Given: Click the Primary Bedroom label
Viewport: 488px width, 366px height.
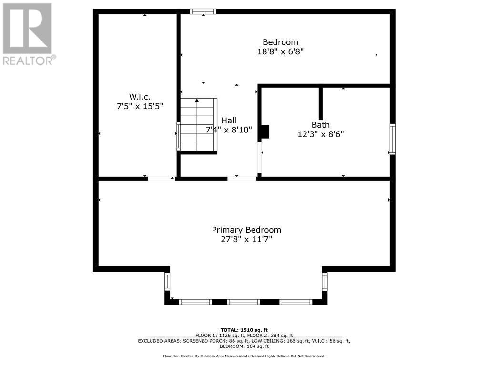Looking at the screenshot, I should pos(246,230).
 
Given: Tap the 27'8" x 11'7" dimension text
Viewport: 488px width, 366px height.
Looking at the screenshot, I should pos(246,239).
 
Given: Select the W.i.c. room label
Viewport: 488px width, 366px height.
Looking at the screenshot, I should pos(140,97).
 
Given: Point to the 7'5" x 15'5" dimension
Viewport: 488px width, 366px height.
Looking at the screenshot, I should pos(140,106).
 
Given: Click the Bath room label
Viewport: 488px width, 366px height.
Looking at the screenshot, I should pos(320,125).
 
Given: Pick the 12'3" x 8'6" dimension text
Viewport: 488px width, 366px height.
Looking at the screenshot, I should pos(320,134).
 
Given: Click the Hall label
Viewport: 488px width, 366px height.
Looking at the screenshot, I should pos(228,121).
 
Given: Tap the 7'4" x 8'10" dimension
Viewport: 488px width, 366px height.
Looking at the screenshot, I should pos(229,130).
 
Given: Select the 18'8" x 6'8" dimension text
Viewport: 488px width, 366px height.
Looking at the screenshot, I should pos(280,51).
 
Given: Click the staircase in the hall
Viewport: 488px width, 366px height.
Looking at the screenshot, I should pos(197,125).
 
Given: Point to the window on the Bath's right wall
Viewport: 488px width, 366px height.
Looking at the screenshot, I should pos(392,139).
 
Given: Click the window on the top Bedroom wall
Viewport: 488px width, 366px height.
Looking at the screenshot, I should pos(203,11).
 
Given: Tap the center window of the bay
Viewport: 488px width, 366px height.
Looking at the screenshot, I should pos(244,302).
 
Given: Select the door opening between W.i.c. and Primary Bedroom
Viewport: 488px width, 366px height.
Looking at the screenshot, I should pos(161,179).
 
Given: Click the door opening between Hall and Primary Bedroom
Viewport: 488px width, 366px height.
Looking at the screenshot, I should pos(242,179).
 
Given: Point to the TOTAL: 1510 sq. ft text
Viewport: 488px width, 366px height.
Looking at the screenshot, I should pos(244,330).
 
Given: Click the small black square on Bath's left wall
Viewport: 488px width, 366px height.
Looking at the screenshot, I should pos(265,132).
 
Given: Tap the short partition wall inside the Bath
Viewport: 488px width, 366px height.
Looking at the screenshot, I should pos(321,103).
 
